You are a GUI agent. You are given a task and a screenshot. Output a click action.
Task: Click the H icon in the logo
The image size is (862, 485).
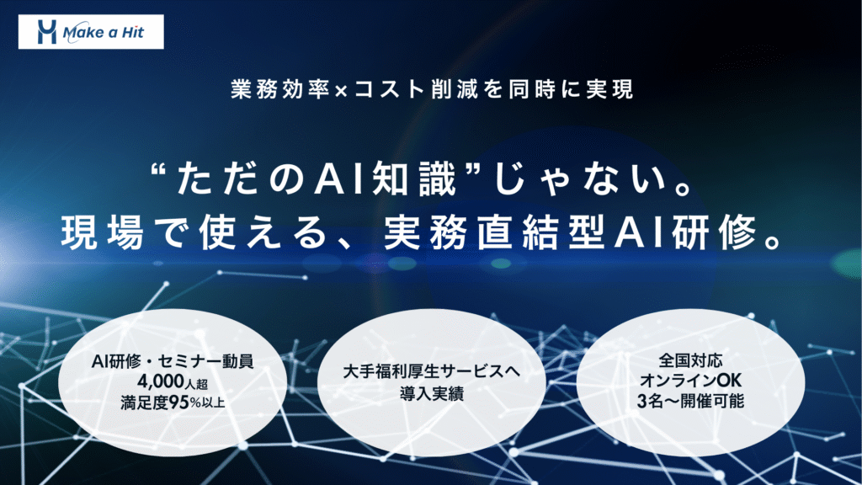coord(47,32)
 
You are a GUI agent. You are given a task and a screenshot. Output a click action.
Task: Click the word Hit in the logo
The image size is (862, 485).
coord(132,32)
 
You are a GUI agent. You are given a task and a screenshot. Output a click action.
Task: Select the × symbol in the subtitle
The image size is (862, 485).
coord(341,91)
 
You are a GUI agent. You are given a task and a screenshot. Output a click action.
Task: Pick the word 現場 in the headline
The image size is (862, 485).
coord(102,232)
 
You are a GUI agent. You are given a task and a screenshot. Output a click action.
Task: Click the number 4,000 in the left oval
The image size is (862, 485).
coord(161,381)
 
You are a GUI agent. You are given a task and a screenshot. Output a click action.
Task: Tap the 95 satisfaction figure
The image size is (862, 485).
coord(179,402)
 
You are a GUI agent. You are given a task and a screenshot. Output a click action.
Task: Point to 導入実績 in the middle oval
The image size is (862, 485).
coord(432,394)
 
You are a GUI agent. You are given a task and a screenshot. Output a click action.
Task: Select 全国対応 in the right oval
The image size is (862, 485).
coord(690,360)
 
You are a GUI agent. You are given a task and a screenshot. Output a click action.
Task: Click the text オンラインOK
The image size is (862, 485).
coord(690,381)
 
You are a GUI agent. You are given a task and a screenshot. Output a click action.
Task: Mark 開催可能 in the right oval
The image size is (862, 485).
coord(712,401)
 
